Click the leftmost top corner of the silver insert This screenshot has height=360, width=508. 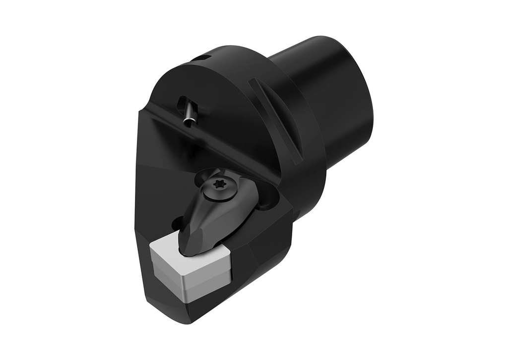point(151,246)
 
